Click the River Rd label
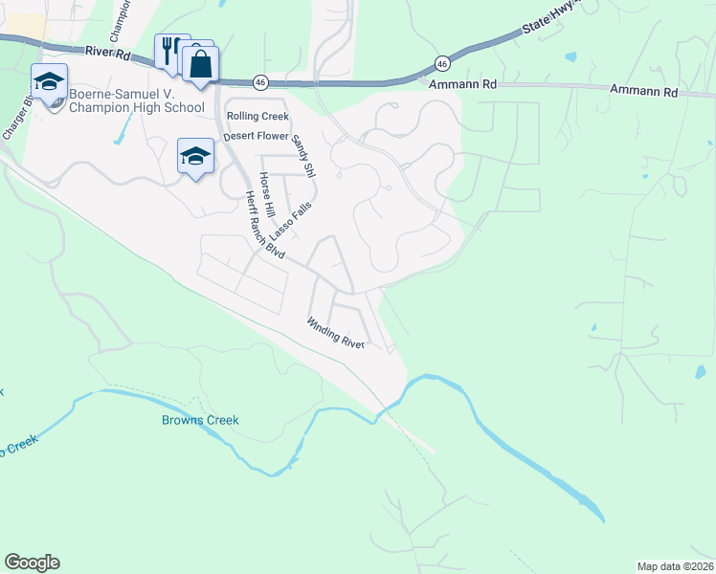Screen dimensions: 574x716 106,55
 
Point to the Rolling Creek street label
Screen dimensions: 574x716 257,117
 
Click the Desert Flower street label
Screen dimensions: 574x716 257,136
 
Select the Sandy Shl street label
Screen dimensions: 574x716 303,156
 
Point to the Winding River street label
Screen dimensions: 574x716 336,333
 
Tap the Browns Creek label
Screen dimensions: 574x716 199,420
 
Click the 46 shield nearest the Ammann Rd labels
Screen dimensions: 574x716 441,63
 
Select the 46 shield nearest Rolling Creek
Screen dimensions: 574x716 259,82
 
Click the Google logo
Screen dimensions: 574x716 32,563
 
